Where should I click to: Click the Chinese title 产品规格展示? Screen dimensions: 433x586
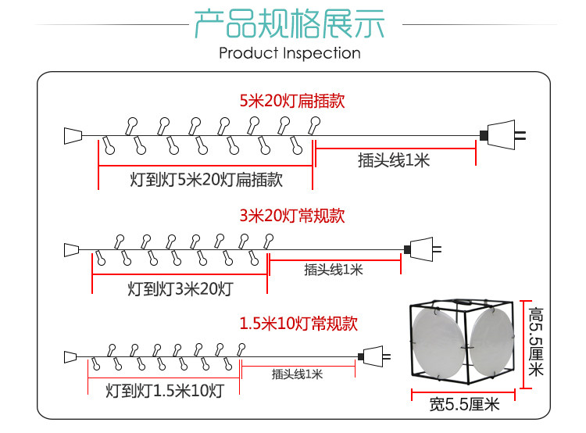coord(289,24)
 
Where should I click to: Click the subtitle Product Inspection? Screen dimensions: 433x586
coord(289,53)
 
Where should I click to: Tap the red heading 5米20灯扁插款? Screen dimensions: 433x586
coord(291,101)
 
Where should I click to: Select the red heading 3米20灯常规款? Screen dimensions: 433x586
coord(291,216)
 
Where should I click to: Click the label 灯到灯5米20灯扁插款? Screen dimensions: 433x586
coord(206,180)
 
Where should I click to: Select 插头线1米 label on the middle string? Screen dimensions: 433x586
coord(334,270)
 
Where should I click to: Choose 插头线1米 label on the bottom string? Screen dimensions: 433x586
coord(297,374)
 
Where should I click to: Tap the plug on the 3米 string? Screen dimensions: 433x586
coord(421,249)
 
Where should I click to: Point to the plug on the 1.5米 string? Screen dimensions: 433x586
coord(374,356)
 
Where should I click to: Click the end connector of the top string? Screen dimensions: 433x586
coord(73,135)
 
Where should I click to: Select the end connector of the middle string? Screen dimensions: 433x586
coord(72,249)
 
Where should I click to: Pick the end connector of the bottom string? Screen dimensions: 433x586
coord(71,357)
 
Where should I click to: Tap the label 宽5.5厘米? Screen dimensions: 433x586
coord(464,405)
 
